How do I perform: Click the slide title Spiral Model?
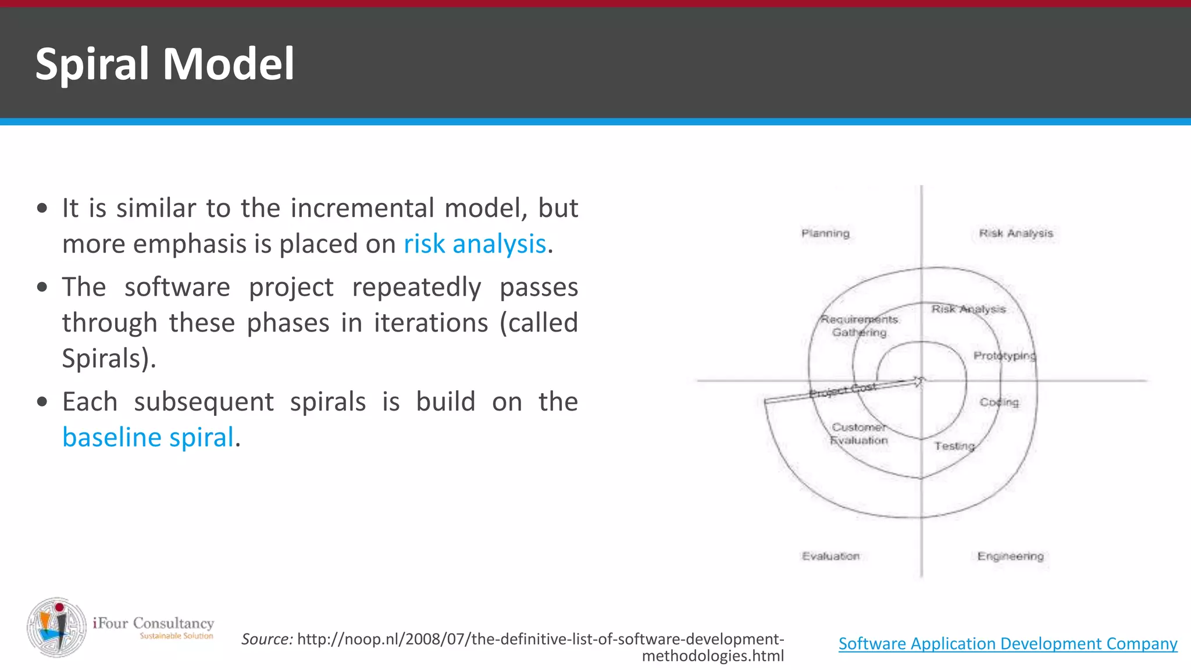165,64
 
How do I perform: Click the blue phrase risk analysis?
475,244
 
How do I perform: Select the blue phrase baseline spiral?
148,437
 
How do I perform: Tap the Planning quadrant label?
825,233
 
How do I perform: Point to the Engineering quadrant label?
1010,556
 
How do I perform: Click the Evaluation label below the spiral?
830,556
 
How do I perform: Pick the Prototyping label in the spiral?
1004,355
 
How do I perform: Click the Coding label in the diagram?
999,402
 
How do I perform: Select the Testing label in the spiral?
954,446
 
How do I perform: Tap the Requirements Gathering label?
859,326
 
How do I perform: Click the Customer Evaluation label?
858,434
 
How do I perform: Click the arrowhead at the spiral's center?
919,382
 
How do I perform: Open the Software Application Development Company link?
1007,643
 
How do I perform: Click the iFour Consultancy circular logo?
57,628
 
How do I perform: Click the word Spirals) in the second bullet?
109,358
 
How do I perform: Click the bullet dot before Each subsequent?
42,402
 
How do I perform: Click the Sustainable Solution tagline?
176,636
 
